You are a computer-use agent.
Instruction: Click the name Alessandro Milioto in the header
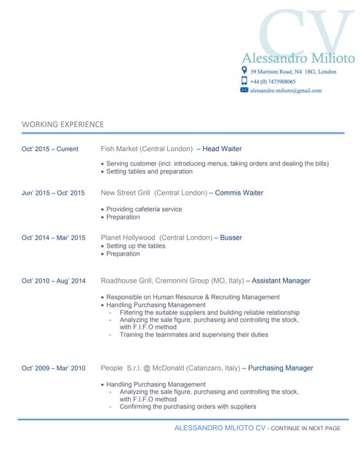297,58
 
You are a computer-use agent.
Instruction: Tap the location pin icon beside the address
244,71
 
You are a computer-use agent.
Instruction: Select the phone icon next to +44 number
244,81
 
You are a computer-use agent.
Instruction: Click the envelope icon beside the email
244,90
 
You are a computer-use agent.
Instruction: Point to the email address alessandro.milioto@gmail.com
285,91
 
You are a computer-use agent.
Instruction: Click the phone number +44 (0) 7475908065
273,82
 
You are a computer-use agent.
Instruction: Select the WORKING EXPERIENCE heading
63,124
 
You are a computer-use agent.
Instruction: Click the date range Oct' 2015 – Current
49,149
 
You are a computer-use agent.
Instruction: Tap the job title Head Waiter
222,149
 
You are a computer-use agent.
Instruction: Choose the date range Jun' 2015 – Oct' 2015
53,193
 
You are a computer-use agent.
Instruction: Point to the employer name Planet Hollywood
128,238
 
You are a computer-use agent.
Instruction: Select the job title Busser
231,238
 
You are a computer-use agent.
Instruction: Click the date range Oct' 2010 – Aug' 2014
53,281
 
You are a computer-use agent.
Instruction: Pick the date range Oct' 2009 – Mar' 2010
53,368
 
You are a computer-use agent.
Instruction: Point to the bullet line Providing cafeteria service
144,209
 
